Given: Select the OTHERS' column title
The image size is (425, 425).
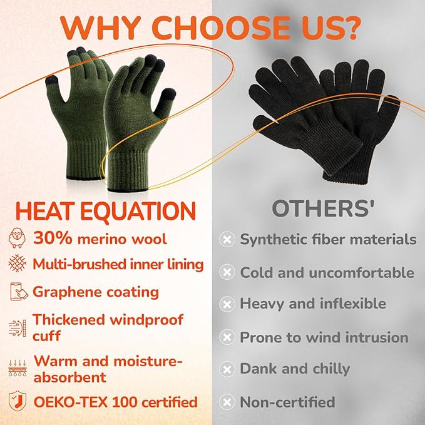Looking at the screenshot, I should [323, 209].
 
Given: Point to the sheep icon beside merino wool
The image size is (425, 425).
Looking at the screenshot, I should [17, 238].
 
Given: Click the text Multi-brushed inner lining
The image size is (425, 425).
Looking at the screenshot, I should [118, 264].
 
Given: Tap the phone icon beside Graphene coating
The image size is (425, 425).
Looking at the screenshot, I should [17, 292].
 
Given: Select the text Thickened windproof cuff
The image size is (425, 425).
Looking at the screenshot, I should [108, 327].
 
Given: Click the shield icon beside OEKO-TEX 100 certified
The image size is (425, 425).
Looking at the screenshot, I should [17, 401].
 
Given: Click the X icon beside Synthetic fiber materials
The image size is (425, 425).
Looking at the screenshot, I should [227, 239].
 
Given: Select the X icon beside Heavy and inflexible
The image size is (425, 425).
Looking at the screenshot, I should [227, 304].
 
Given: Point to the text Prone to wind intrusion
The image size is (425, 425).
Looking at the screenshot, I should [324, 337].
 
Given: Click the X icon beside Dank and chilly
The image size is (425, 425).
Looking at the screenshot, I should [227, 369].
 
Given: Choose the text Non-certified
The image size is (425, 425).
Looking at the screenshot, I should [287, 402].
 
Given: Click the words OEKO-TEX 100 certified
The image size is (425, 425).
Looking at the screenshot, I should [115, 401].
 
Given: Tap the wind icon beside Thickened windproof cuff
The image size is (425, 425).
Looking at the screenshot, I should [17, 327].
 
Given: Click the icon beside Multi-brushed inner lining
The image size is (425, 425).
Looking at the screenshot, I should [17, 264].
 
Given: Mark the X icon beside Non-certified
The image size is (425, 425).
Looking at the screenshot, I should [227, 402].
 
